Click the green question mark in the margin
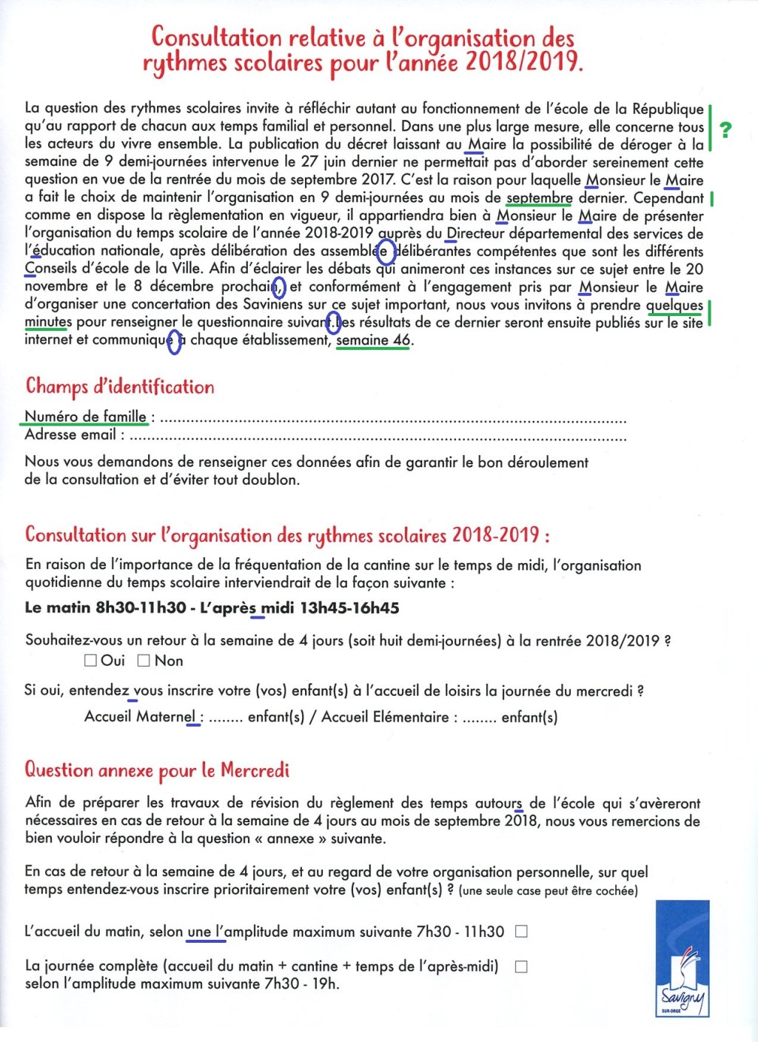click(x=725, y=130)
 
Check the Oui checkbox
click(x=91, y=660)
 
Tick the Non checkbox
click(x=144, y=660)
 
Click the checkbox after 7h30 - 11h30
click(x=521, y=932)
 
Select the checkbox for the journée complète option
click(x=521, y=967)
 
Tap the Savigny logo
click(x=682, y=959)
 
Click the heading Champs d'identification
click(x=120, y=386)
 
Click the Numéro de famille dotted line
click(x=392, y=420)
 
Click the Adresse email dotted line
click(x=378, y=438)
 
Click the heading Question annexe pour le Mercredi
click(x=157, y=770)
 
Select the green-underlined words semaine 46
click(x=372, y=340)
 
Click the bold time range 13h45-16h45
click(x=349, y=608)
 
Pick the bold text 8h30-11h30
click(x=141, y=608)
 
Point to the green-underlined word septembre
click(x=539, y=198)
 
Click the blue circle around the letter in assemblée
click(x=386, y=252)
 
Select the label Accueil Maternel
click(x=140, y=717)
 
